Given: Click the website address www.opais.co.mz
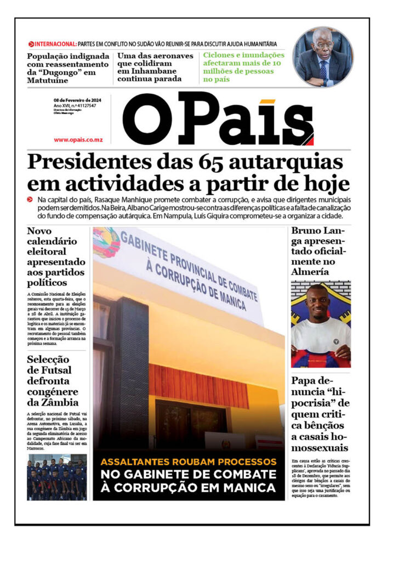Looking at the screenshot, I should point(78,140).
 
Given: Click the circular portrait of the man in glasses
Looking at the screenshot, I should point(323,57).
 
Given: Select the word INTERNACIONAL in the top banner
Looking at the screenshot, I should point(55,44).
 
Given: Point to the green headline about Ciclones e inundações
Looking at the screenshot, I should point(244,67).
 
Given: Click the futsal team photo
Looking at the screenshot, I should point(56,476).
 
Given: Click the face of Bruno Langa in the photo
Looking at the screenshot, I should point(320,301).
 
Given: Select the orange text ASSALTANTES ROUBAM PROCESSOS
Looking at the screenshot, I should point(189,462).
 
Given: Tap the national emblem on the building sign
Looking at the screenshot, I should point(106,242).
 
